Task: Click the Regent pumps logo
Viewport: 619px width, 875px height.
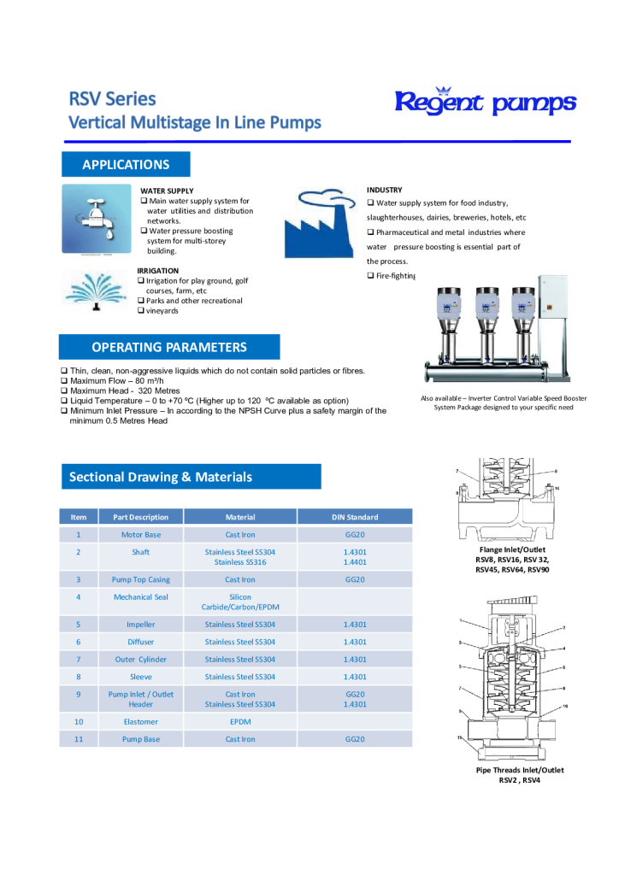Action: pyautogui.click(x=485, y=102)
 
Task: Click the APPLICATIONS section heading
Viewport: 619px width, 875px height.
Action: pyautogui.click(x=126, y=165)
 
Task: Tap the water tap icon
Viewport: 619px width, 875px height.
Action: pyautogui.click(x=97, y=219)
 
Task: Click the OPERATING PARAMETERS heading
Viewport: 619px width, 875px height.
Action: pyautogui.click(x=169, y=347)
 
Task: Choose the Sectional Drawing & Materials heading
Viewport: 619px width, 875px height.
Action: pyautogui.click(x=161, y=477)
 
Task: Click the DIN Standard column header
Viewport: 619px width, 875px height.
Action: pyautogui.click(x=355, y=517)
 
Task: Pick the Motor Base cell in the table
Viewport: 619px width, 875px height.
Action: pyautogui.click(x=141, y=535)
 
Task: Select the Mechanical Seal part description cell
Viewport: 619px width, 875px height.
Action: pyautogui.click(x=141, y=597)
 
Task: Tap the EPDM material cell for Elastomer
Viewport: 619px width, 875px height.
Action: pyautogui.click(x=240, y=722)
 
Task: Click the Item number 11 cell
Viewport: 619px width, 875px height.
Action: pyautogui.click(x=78, y=739)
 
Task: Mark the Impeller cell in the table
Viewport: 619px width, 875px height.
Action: pyautogui.click(x=141, y=625)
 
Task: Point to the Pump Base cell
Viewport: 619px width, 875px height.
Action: pyautogui.click(x=141, y=739)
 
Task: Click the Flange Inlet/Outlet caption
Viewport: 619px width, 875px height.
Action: pyautogui.click(x=512, y=549)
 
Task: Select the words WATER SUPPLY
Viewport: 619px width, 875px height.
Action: pyautogui.click(x=167, y=191)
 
